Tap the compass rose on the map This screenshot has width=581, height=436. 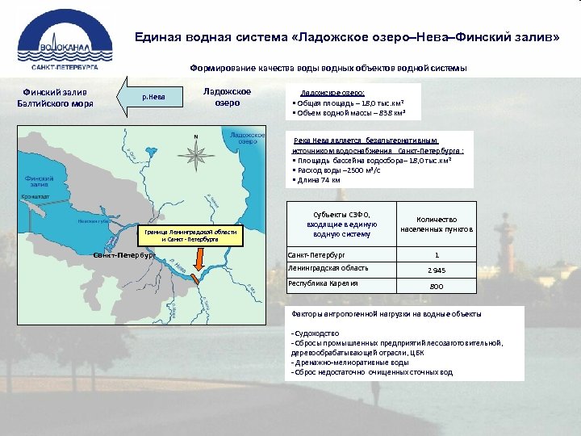tap(194, 152)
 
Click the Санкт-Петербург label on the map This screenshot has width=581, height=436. tap(122, 255)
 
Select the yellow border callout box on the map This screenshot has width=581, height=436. tap(190, 235)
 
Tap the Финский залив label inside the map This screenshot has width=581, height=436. tap(39, 182)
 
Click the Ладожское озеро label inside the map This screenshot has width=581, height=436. tap(248, 138)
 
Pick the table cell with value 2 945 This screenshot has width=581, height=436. tap(436, 270)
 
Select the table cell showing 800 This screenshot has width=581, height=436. tap(436, 287)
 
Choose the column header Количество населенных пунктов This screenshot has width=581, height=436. tap(437, 224)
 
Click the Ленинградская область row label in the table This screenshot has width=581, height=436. tap(328, 268)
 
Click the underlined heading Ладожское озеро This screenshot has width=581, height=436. tap(332, 93)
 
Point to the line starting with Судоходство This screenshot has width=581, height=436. tap(316, 333)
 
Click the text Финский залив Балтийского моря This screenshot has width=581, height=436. tap(56, 98)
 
